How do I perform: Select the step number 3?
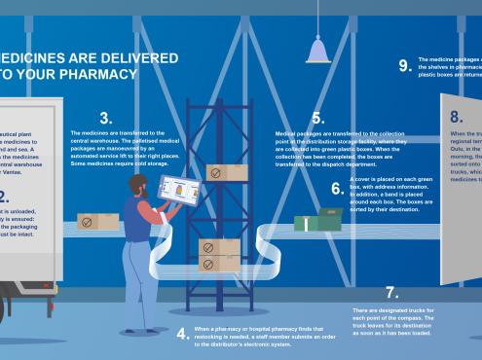coord(105,118)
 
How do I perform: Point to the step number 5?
coord(317,119)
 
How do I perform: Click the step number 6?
coord(337,189)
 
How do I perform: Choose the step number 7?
coord(391,293)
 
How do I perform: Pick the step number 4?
coord(182,334)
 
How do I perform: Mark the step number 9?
coord(405,65)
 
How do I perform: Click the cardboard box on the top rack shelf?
coord(227,173)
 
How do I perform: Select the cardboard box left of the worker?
coord(97,222)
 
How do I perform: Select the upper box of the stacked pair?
coord(219,246)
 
